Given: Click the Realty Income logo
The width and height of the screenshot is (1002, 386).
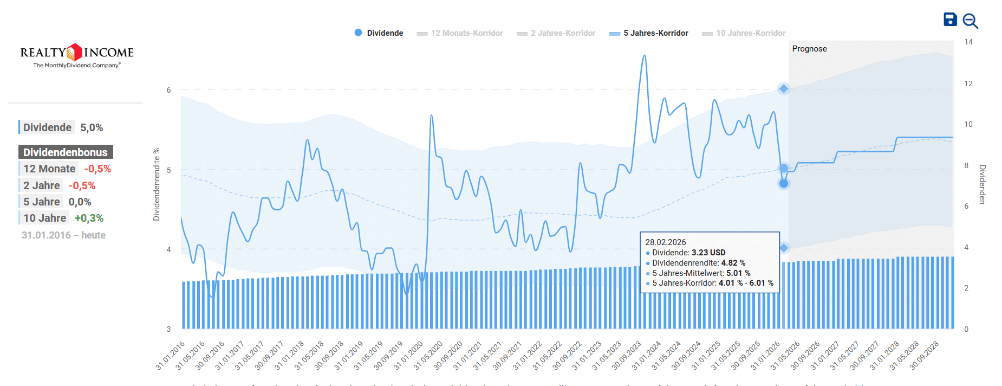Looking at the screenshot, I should coord(77,55).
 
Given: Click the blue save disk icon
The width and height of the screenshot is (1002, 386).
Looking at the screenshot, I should coord(950,20).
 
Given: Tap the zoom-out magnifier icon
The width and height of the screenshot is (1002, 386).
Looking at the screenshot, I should coord(970,21).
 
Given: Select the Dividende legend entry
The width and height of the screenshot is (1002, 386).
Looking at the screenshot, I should coord(379,33).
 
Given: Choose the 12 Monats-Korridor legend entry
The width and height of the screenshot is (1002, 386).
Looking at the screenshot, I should coord(460,33).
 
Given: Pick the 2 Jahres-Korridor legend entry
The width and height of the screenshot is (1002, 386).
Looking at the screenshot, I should coord(556,33).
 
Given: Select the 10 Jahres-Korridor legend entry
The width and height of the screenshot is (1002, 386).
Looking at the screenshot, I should coord(744,33).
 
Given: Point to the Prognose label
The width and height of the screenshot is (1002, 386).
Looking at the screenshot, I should coord(809,49).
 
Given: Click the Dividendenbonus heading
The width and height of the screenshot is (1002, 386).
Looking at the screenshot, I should coord(66,152).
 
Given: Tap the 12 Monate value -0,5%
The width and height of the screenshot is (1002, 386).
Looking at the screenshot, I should coord(97,169).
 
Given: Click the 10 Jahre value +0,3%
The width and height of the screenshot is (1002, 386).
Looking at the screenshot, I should coord(89,218).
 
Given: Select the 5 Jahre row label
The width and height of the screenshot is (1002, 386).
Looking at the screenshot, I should coord(41,202).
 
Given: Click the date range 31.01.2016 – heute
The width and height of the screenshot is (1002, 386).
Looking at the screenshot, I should coord(63,235).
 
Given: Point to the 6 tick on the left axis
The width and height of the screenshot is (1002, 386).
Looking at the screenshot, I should coord(168,90).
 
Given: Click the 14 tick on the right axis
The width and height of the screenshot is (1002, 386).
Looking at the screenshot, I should coord(968,42).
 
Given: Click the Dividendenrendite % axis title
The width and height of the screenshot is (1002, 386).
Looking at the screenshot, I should coord(157,184).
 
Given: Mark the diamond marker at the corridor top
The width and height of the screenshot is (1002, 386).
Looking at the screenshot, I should coord(784,89).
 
